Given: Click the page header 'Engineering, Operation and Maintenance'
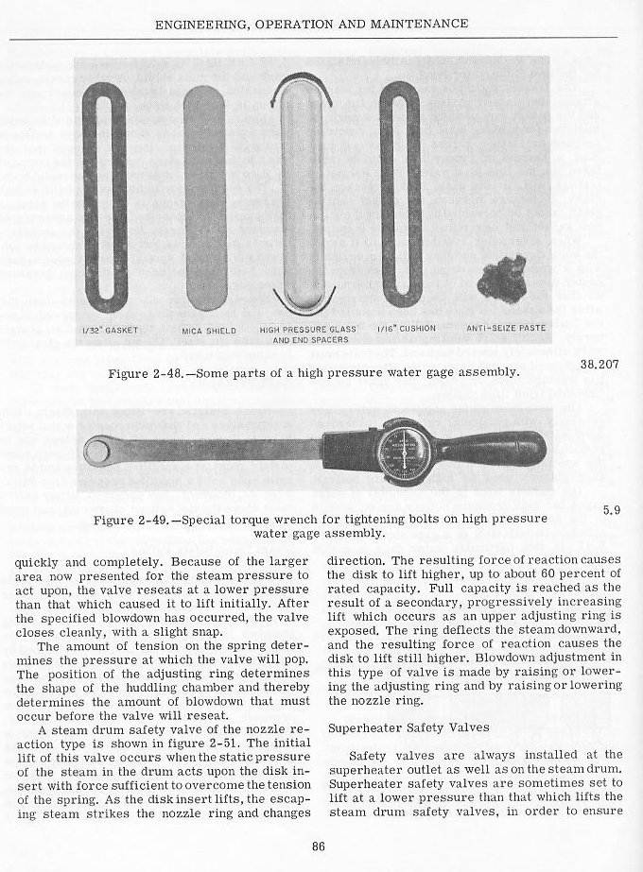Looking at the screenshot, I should click(322, 23).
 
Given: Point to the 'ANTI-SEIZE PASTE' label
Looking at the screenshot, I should click(507, 329).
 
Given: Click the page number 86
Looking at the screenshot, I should click(319, 846).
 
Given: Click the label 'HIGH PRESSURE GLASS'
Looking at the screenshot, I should click(300, 330).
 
